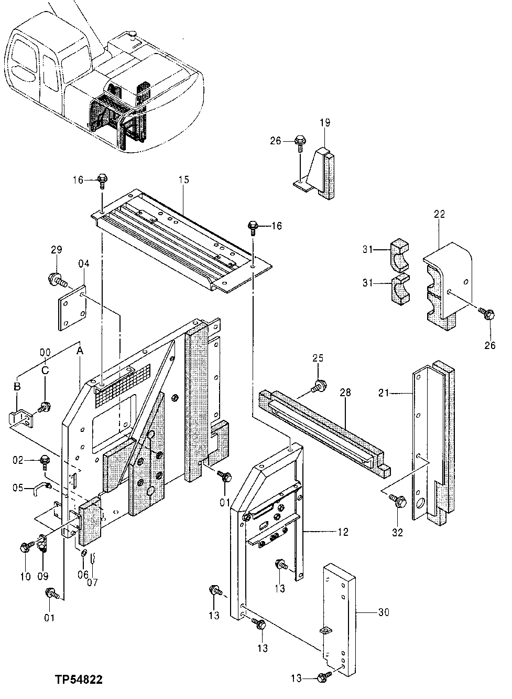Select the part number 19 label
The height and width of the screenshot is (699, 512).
[x=325, y=123]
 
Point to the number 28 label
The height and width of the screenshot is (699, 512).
[x=345, y=392]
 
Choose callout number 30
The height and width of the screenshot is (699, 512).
[x=384, y=612]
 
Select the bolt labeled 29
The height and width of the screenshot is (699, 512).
[x=55, y=279]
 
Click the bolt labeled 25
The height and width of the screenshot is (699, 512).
[x=317, y=387]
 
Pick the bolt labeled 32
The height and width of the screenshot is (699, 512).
[x=399, y=503]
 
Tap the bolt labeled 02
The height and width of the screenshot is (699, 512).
[x=45, y=462]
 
